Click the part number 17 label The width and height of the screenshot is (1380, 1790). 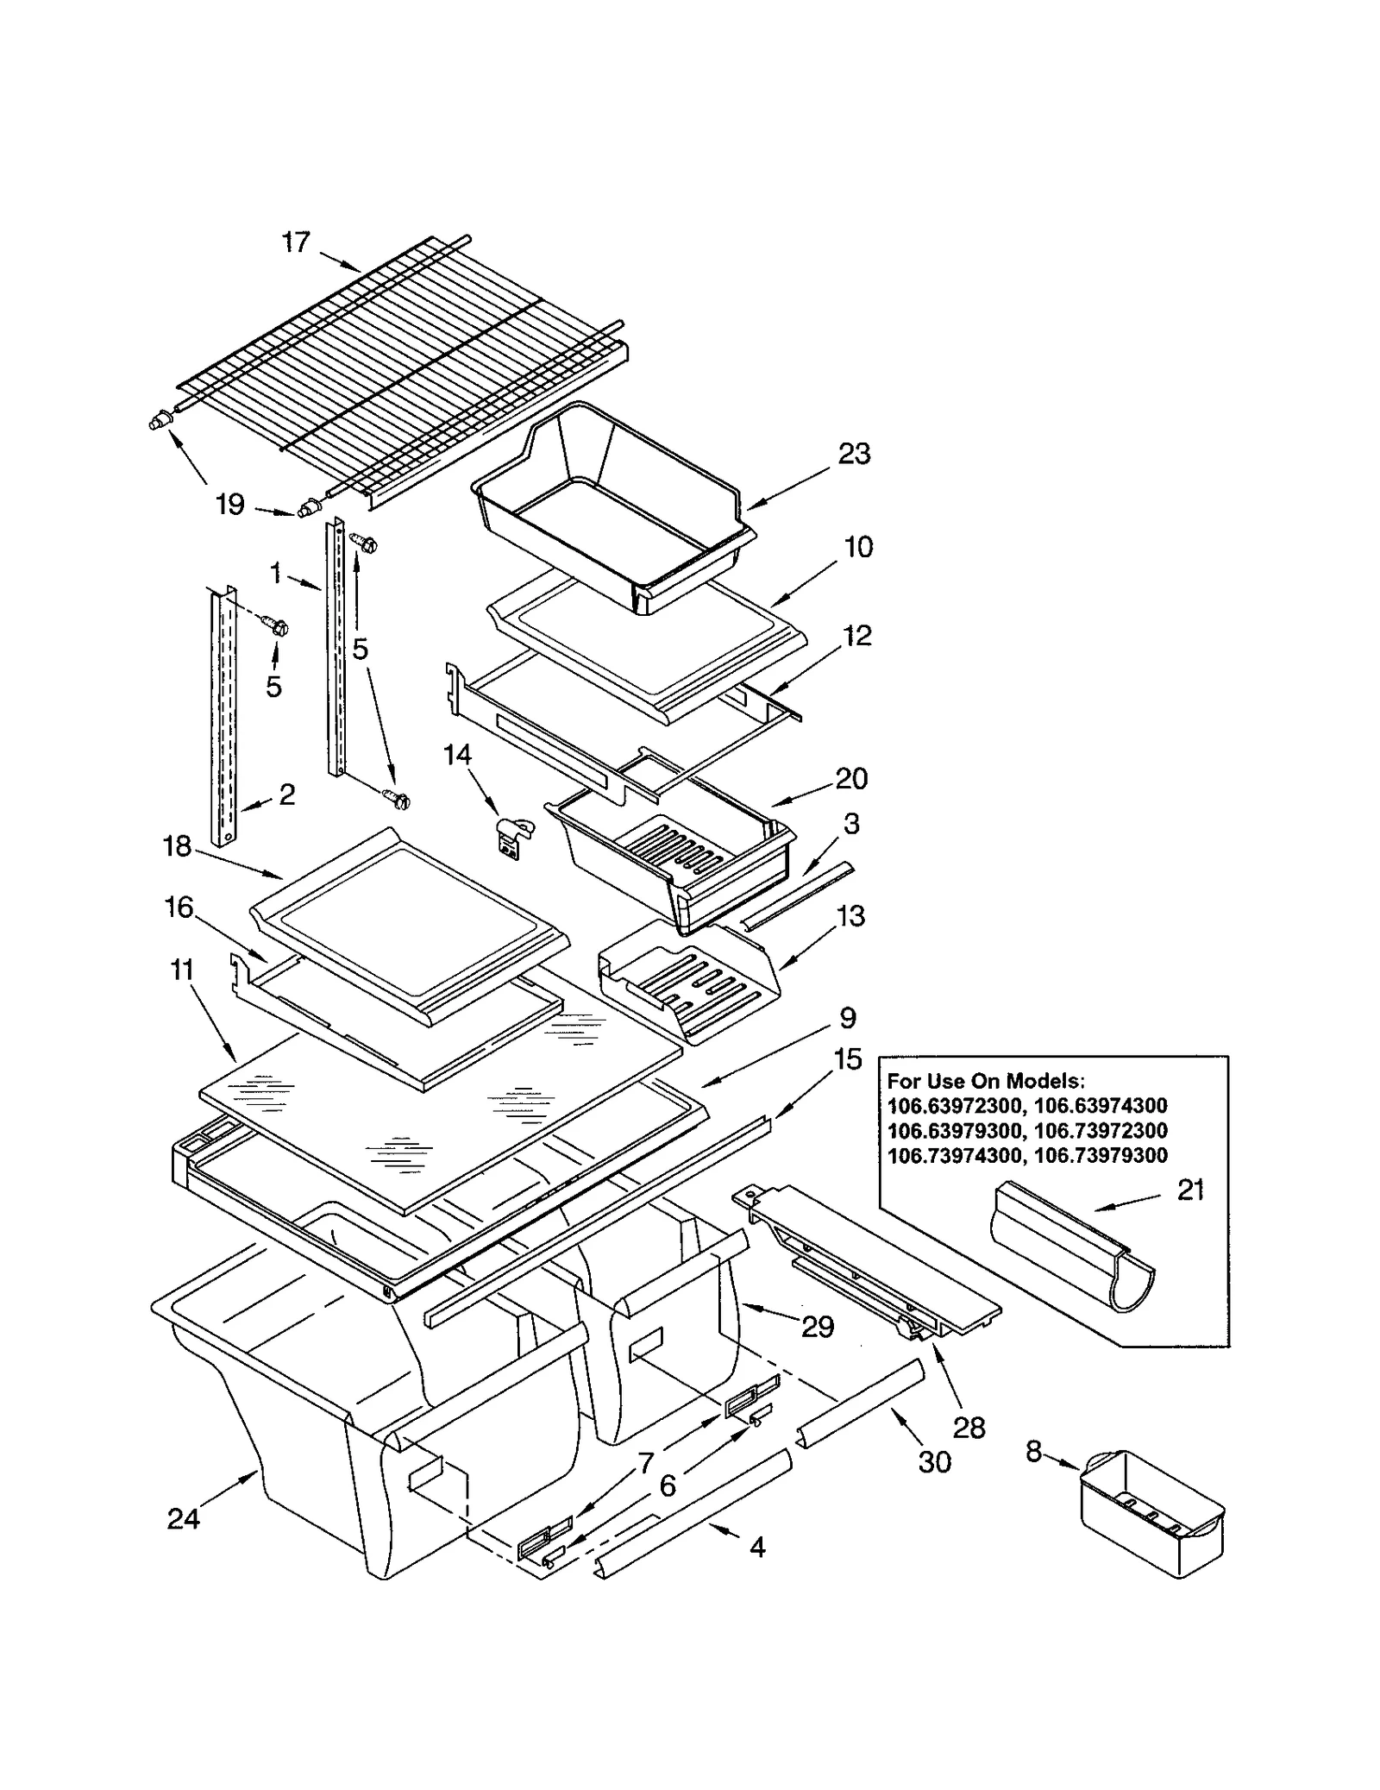pos(295,242)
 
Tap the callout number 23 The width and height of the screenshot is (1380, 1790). pos(854,454)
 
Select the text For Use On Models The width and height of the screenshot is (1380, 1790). pos(986,1081)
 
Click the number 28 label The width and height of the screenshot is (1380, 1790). pos(969,1429)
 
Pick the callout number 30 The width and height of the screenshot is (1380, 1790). pos(934,1461)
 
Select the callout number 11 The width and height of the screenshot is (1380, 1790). pos(182,970)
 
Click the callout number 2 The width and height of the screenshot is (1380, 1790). pos(286,795)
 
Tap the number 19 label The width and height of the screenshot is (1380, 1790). pos(230,504)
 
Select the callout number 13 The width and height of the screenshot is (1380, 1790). pos(850,916)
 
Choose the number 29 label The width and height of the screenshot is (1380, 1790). pos(817,1327)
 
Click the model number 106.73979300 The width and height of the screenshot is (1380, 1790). pos(1101,1156)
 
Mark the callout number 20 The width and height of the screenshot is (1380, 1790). pos(850,779)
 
